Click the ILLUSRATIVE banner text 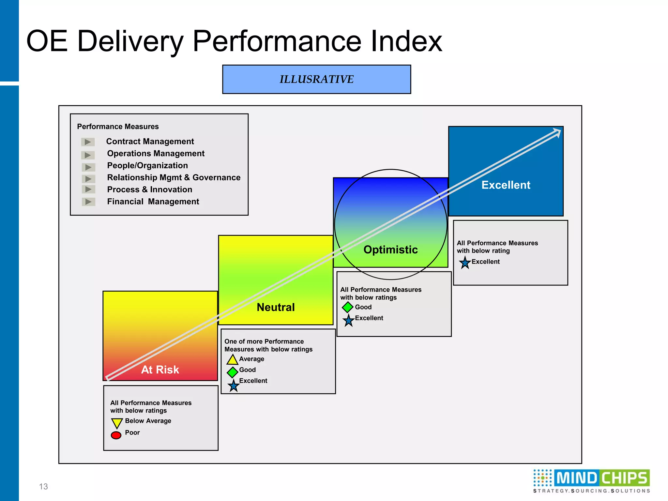click(x=316, y=79)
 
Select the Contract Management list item click(x=150, y=141)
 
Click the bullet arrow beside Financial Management click(x=88, y=202)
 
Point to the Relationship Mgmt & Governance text click(x=174, y=177)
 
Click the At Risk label click(x=160, y=370)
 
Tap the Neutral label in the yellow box click(x=276, y=307)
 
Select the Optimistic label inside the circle click(x=390, y=250)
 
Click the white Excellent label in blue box click(x=506, y=185)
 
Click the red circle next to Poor click(x=116, y=435)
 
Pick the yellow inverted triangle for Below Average click(x=117, y=423)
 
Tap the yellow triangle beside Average click(x=232, y=360)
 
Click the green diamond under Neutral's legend click(x=232, y=372)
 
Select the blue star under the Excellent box click(x=465, y=263)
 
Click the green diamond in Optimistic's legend click(x=348, y=307)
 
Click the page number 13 click(x=43, y=487)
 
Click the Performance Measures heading click(x=118, y=127)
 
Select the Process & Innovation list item click(x=150, y=190)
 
